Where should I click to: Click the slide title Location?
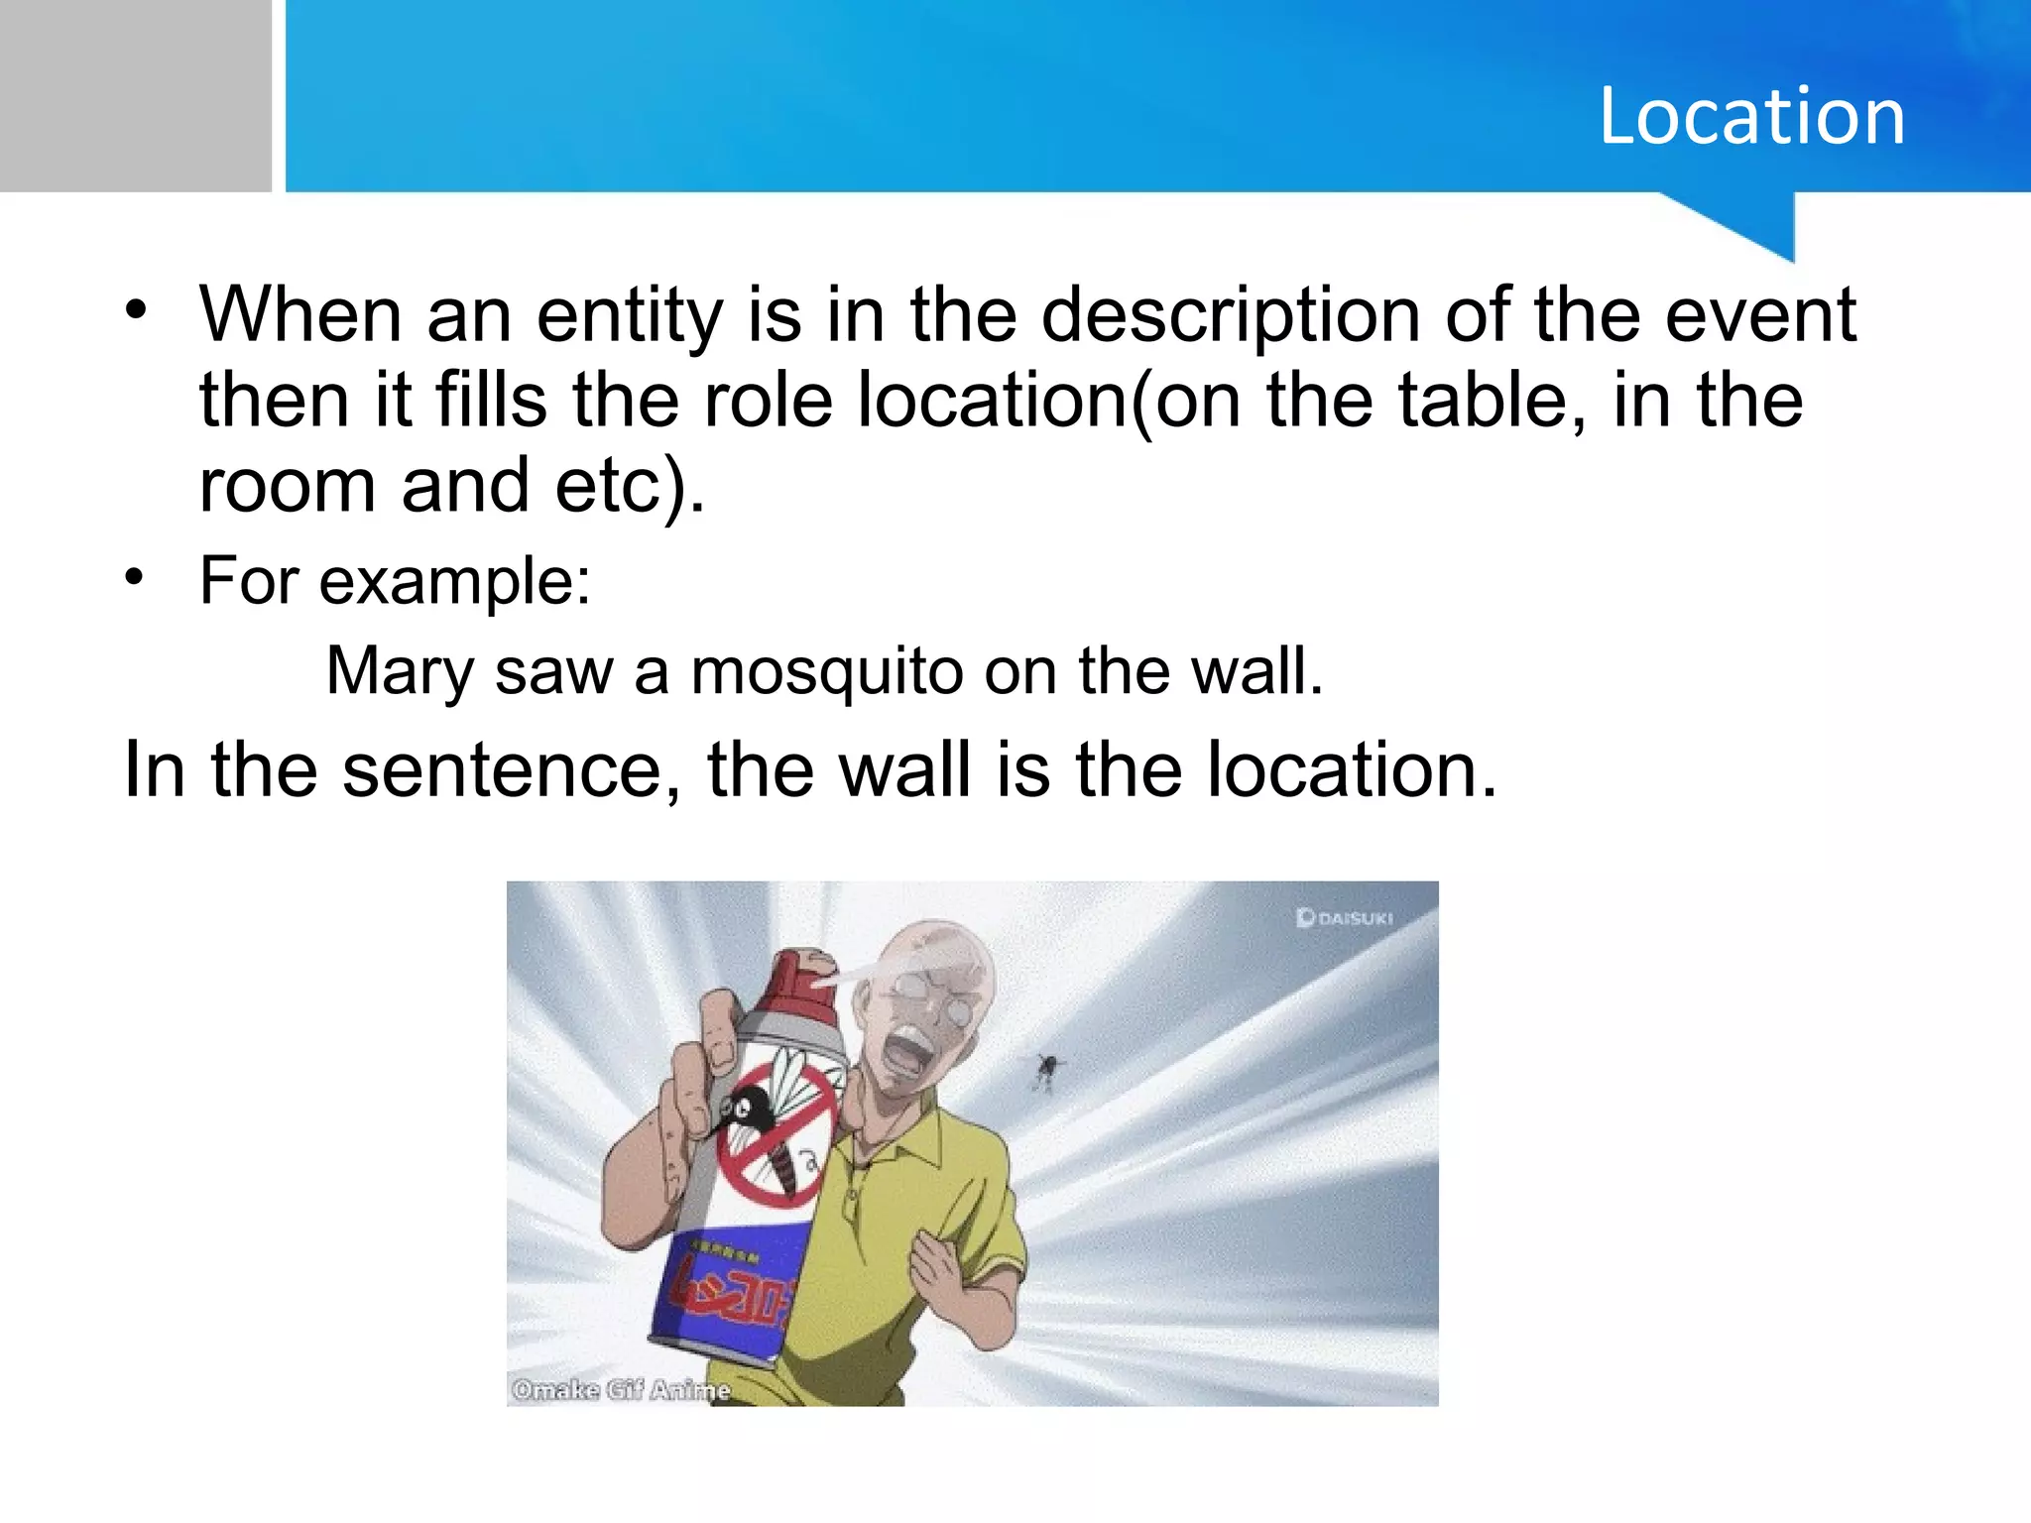coord(1751,117)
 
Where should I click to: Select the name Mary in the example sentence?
coord(400,671)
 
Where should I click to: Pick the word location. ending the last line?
coord(1351,770)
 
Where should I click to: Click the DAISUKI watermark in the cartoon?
coord(1345,918)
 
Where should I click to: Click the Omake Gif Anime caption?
coord(621,1390)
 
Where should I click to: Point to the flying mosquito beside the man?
coord(1045,1070)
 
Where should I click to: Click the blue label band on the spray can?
coord(729,1289)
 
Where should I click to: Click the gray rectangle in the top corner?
coord(135,95)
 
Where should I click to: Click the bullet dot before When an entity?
coord(136,310)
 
